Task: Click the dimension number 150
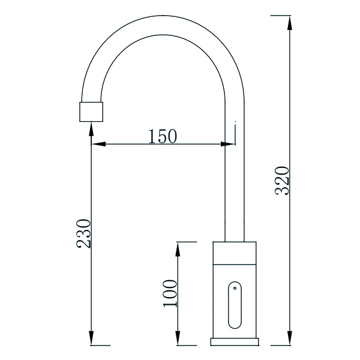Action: [163, 136]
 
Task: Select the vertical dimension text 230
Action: [83, 234]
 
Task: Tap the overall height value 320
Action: [283, 180]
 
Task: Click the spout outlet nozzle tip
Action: [92, 112]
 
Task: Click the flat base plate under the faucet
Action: [235, 341]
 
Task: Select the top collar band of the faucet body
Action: [235, 251]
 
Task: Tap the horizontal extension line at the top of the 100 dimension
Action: [186, 242]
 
